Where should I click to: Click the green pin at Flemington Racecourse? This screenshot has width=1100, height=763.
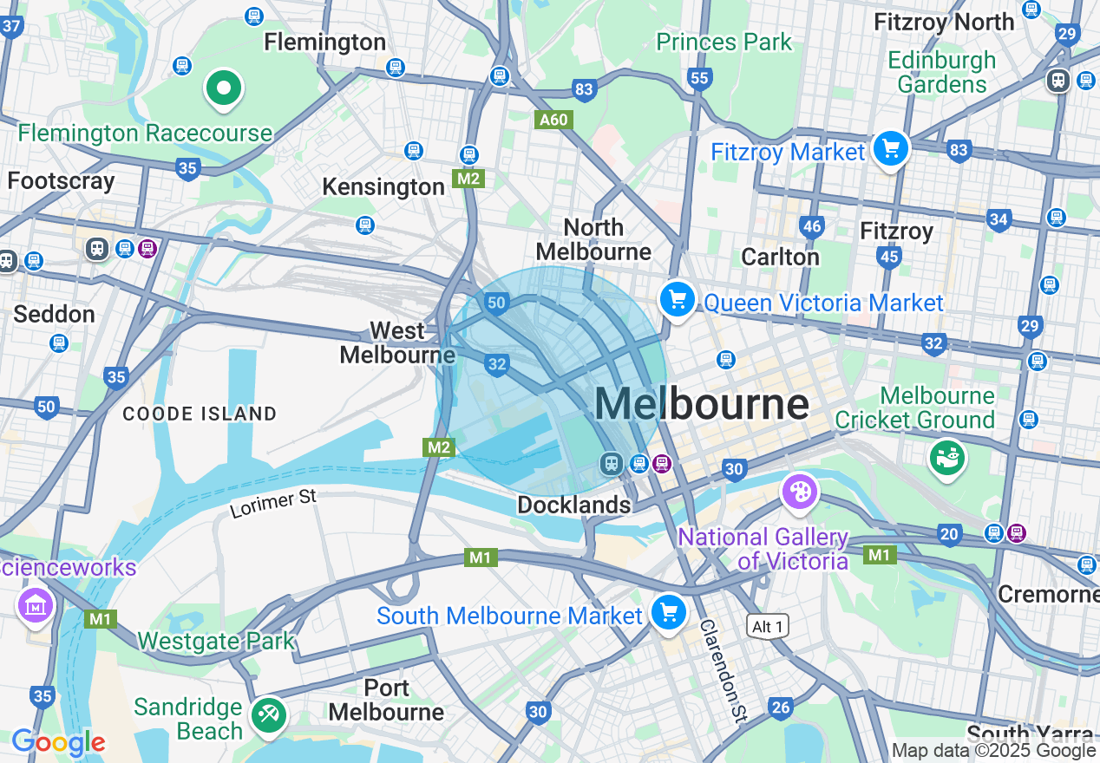click(224, 88)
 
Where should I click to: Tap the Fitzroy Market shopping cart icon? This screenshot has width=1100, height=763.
click(890, 149)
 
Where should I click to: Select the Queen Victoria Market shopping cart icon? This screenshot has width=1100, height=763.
click(678, 300)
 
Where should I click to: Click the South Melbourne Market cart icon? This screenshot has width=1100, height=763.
click(668, 612)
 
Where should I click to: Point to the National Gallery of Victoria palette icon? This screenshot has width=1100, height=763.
click(798, 492)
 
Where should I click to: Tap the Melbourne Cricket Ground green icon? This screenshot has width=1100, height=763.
click(947, 457)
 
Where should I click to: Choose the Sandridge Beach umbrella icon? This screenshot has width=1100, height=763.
click(269, 715)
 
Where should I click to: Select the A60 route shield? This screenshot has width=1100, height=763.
click(554, 120)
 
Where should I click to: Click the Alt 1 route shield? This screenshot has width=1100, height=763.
click(768, 626)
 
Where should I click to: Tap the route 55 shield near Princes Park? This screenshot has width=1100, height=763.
click(699, 79)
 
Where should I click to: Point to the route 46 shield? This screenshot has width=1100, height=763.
click(812, 227)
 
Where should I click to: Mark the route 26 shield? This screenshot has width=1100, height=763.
click(781, 708)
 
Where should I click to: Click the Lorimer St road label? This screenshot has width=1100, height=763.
click(273, 504)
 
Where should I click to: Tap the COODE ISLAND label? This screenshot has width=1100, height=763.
click(200, 414)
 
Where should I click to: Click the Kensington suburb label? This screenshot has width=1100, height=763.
click(383, 186)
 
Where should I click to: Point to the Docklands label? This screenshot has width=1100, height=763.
click(573, 505)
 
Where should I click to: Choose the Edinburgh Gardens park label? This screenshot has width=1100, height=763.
click(942, 72)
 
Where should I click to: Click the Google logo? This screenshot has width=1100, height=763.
click(58, 742)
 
